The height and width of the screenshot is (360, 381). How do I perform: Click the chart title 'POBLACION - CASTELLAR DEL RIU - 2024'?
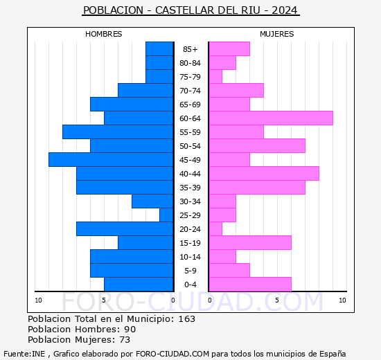click(x=190, y=10)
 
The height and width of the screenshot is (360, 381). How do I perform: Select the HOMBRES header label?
click(x=104, y=34)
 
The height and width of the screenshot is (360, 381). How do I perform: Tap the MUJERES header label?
click(x=276, y=34)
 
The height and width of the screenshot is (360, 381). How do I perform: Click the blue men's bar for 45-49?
click(x=111, y=159)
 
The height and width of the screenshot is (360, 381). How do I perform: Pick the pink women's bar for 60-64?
click(x=270, y=118)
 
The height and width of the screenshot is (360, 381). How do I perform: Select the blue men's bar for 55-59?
click(x=118, y=132)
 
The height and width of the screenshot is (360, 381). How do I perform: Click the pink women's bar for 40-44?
click(x=263, y=173)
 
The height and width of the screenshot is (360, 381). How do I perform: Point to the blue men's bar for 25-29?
click(x=166, y=215)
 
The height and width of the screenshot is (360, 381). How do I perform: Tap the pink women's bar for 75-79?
click(x=215, y=76)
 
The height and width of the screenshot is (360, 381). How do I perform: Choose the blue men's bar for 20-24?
click(x=125, y=228)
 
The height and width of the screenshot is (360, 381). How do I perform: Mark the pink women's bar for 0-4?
click(x=249, y=284)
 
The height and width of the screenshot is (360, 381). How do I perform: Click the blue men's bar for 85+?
click(x=159, y=48)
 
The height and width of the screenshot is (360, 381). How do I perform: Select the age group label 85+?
click(x=190, y=49)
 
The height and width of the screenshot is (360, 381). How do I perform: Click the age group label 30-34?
click(x=190, y=201)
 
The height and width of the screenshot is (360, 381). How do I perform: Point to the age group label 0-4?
click(x=190, y=285)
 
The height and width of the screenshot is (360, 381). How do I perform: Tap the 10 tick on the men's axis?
click(x=38, y=300)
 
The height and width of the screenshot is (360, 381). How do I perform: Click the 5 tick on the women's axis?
click(x=276, y=300)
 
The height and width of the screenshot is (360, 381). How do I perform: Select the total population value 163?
click(x=187, y=319)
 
